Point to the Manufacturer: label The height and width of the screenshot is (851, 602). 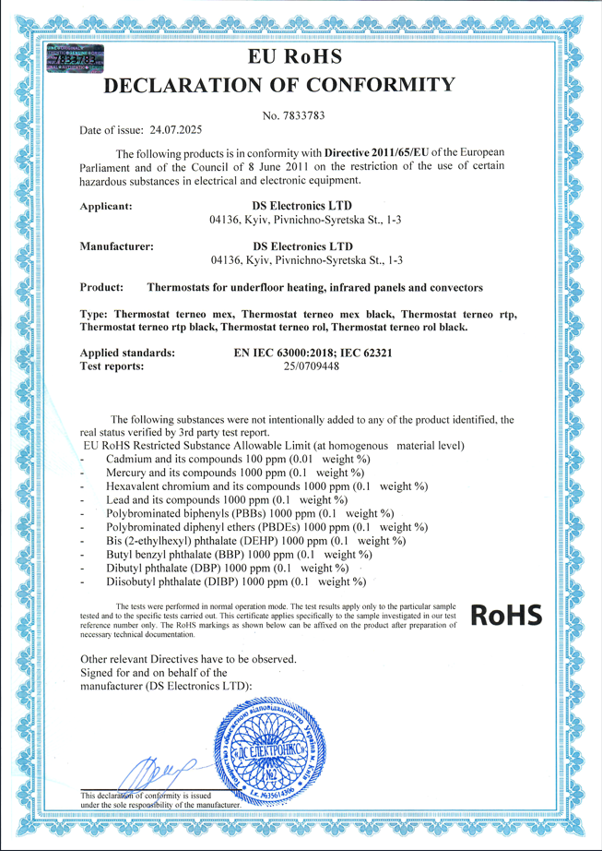tap(117, 247)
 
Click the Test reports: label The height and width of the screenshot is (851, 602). tap(112, 366)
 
